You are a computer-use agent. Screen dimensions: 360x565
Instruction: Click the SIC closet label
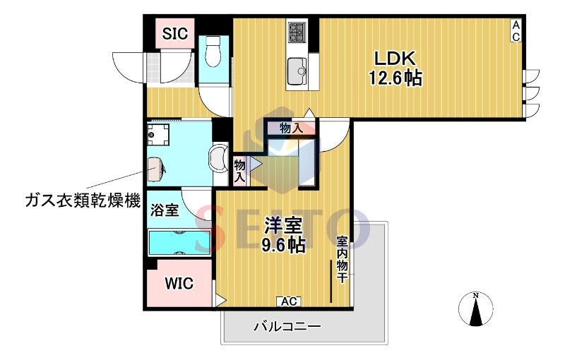point(174,33)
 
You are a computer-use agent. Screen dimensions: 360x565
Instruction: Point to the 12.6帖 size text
point(394,78)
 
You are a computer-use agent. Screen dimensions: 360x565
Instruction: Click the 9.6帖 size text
point(284,246)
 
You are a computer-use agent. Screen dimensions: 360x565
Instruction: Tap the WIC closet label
point(179,284)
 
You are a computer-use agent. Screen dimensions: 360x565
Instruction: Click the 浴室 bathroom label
point(165,209)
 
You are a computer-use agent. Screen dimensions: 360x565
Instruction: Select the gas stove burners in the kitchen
point(295,32)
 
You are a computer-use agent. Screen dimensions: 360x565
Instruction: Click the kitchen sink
point(296,71)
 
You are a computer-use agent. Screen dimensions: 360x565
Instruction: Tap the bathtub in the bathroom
point(179,241)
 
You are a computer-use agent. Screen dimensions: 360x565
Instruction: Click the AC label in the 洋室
point(290,302)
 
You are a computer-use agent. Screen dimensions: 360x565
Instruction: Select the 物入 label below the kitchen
point(290,128)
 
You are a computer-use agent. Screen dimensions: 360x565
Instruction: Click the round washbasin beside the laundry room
point(220,157)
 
